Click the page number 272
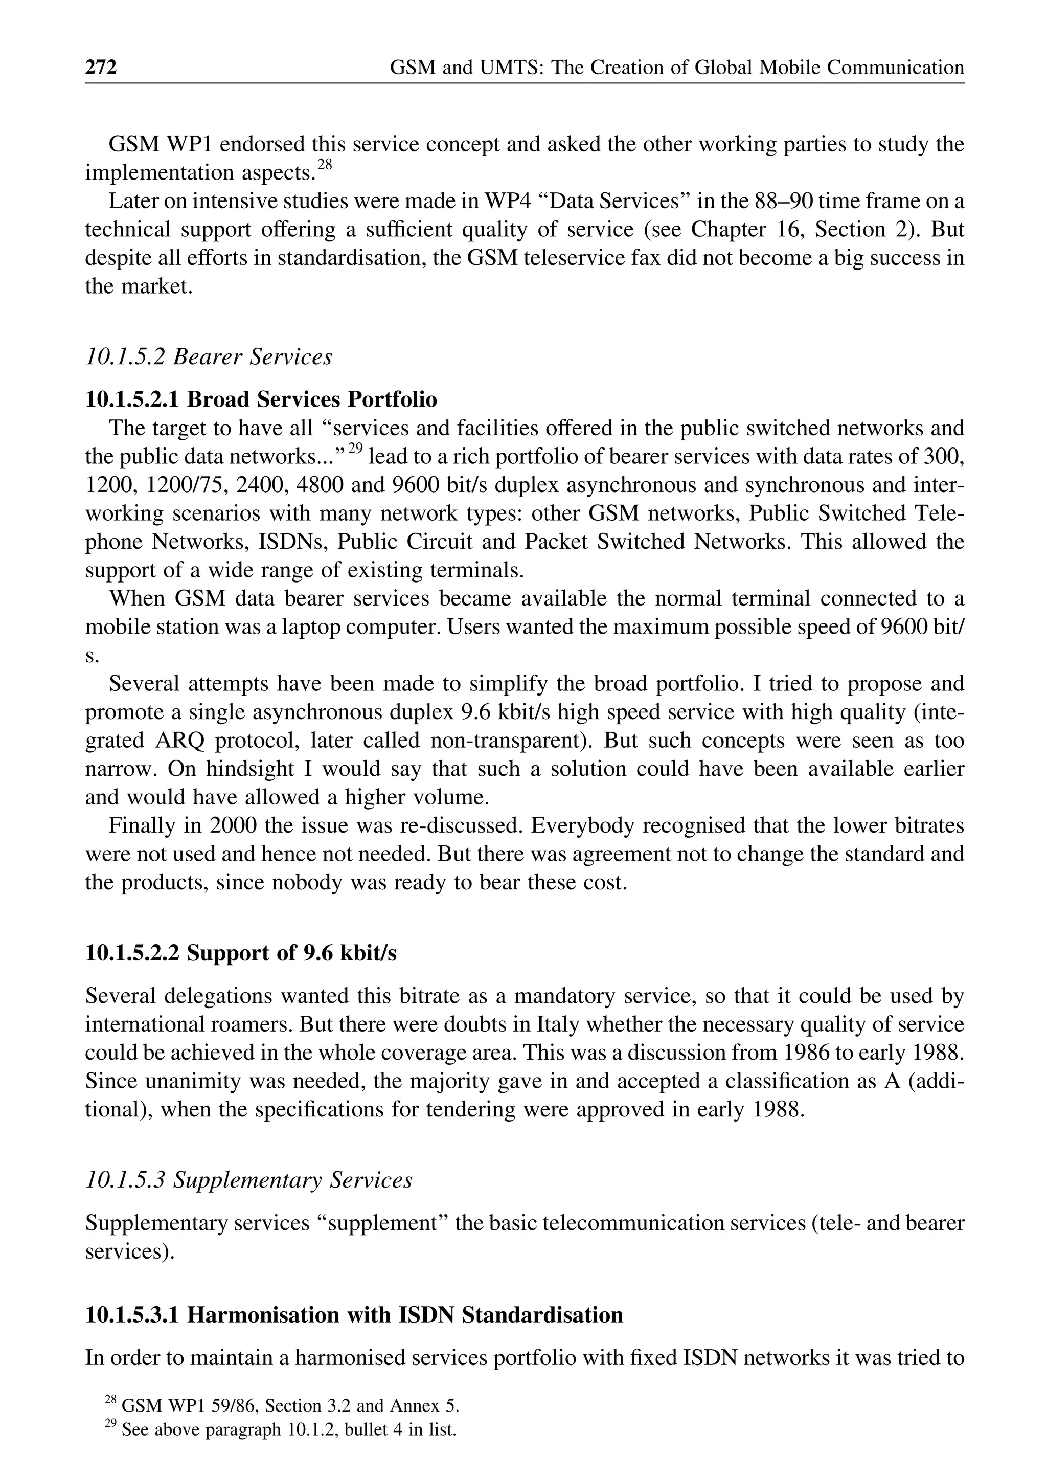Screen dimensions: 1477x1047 (101, 67)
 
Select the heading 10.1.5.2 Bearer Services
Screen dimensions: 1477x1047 (208, 356)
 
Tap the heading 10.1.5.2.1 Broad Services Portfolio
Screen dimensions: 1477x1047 (261, 399)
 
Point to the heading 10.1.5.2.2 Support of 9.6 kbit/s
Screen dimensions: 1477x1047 (240, 953)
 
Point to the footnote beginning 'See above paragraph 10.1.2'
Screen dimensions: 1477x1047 (288, 1430)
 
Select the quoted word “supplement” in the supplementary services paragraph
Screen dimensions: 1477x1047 (384, 1223)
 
